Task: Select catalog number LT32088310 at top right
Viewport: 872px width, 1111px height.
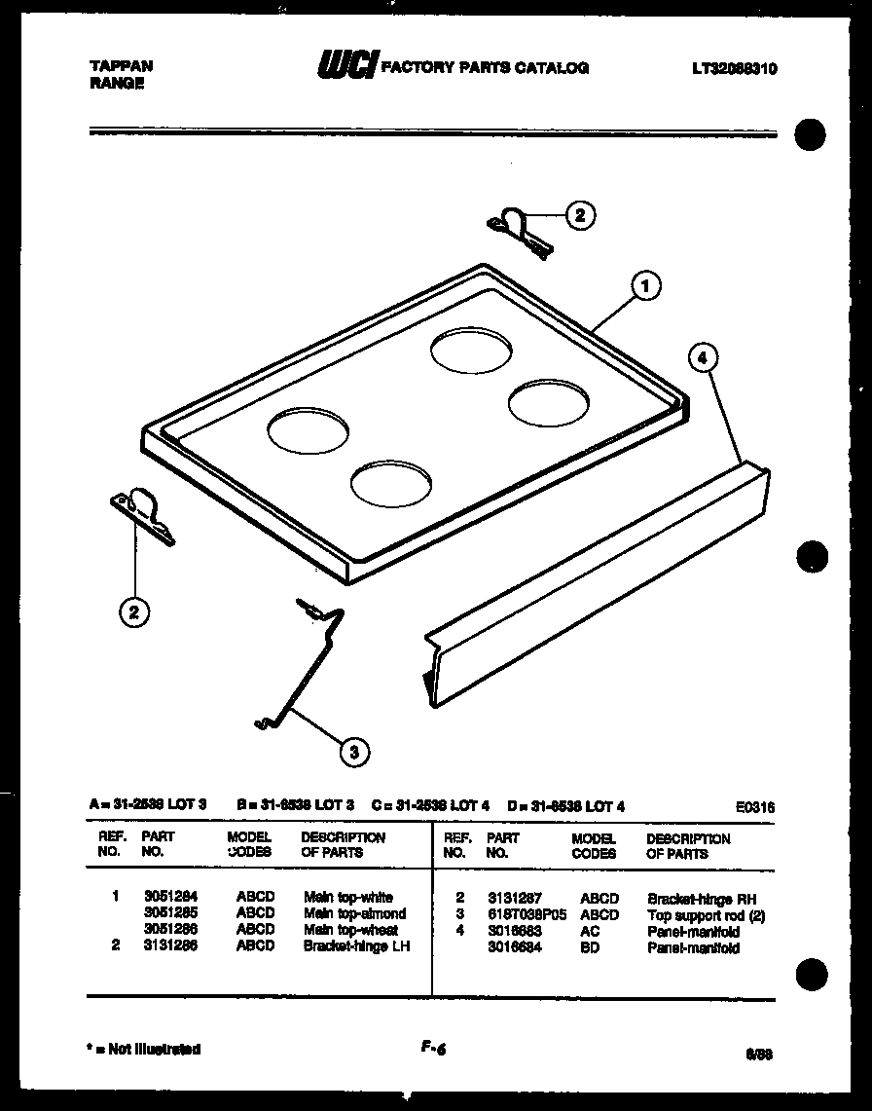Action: click(x=735, y=69)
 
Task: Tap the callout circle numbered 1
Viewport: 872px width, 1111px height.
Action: click(x=643, y=286)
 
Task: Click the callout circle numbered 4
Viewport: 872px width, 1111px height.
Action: click(x=703, y=357)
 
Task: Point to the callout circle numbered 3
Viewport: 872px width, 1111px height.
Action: click(x=354, y=750)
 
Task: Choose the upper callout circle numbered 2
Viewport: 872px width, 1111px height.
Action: click(x=579, y=216)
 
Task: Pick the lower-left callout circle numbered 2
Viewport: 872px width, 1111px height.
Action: click(x=134, y=611)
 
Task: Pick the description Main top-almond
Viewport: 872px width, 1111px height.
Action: click(x=354, y=913)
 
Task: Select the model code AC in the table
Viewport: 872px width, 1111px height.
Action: click(x=593, y=932)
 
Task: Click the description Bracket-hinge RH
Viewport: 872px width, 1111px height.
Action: click(x=701, y=899)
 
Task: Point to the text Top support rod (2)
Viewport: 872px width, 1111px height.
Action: click(x=706, y=915)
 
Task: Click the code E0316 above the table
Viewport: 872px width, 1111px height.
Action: click(x=757, y=806)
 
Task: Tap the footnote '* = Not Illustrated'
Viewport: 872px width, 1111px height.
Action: click(x=144, y=1050)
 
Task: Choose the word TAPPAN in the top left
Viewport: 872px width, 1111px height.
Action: click(x=121, y=65)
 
